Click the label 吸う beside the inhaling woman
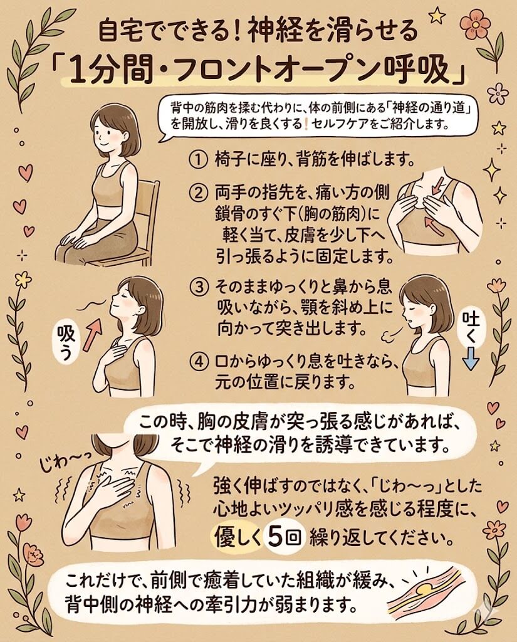[65, 342]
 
